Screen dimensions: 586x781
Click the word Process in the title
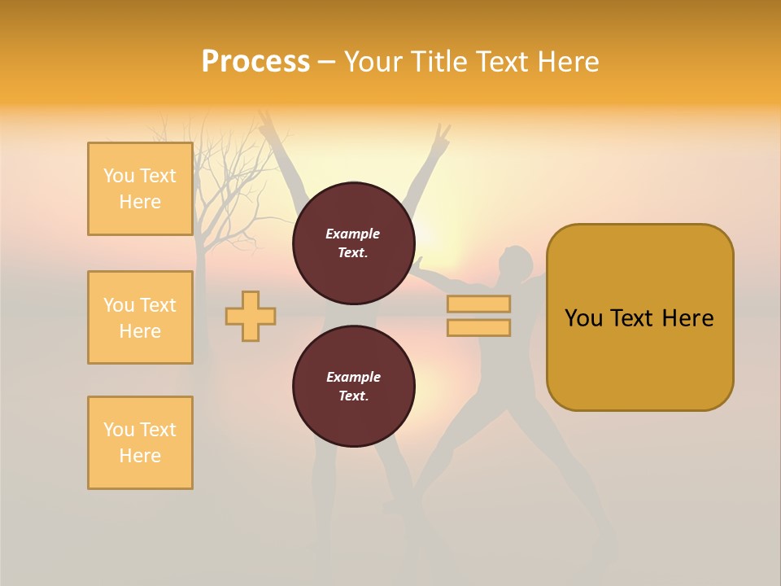pyautogui.click(x=255, y=62)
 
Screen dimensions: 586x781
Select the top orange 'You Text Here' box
pyautogui.click(x=140, y=189)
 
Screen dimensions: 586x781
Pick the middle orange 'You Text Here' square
pyautogui.click(x=140, y=317)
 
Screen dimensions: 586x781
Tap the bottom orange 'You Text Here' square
pyautogui.click(x=140, y=443)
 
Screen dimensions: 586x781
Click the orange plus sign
pyautogui.click(x=251, y=316)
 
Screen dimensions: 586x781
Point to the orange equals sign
pyautogui.click(x=478, y=316)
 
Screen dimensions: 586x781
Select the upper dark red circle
pyautogui.click(x=353, y=243)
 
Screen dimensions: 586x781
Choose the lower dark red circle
pyautogui.click(x=353, y=387)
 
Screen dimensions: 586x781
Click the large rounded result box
pyautogui.click(x=639, y=317)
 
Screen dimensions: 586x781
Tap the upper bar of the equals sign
pyautogui.click(x=478, y=304)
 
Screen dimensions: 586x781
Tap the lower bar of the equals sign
pyautogui.click(x=478, y=327)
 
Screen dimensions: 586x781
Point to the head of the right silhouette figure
pyautogui.click(x=517, y=262)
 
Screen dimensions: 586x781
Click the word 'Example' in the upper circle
pyautogui.click(x=352, y=234)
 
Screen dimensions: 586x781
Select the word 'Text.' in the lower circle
pyautogui.click(x=353, y=396)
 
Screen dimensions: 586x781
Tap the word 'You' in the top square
pyautogui.click(x=119, y=176)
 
